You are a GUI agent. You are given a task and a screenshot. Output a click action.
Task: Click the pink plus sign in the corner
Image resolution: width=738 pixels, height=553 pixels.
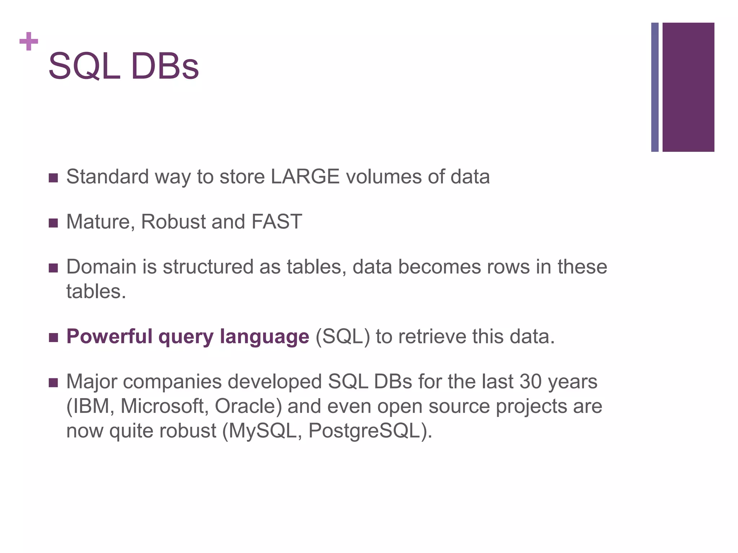point(29,41)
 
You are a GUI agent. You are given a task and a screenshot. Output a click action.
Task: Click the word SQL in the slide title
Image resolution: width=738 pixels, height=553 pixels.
point(84,67)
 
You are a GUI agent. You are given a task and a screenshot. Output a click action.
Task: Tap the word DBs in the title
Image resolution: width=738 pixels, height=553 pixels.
point(165,67)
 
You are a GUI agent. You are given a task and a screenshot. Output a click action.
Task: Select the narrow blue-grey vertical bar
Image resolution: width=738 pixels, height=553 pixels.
point(655,87)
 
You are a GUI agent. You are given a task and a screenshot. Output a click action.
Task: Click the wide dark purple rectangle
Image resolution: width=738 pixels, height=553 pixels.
point(688,87)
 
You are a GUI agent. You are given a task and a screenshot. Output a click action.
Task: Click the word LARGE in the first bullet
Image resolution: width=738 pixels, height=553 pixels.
point(305,177)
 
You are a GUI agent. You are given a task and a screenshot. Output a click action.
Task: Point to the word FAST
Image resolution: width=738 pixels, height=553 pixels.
point(277,221)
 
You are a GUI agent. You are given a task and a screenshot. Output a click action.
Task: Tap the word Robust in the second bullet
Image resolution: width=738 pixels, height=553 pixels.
point(173,221)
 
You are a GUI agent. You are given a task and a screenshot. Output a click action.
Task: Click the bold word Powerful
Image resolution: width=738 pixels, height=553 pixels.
point(110,337)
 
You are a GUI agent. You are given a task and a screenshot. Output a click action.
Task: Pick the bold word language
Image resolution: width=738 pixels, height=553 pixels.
point(264,337)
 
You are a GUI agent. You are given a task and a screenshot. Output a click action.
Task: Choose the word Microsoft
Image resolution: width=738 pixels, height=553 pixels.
point(164,406)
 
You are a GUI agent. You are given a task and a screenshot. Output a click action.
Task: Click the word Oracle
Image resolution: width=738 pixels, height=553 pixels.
point(248,406)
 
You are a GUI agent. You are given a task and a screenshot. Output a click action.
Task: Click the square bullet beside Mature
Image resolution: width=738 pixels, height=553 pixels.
point(53,223)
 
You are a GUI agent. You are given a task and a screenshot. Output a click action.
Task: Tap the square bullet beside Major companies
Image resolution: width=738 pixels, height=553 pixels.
point(53,383)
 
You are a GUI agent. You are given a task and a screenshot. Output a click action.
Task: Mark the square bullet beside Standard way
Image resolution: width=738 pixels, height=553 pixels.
point(53,178)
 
